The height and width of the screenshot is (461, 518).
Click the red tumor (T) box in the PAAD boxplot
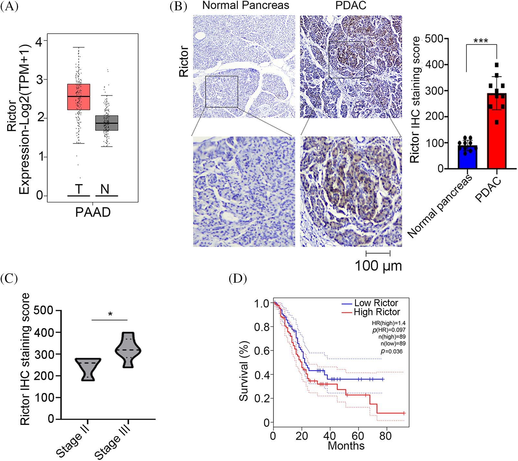78,97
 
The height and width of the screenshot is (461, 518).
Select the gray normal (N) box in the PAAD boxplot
107,123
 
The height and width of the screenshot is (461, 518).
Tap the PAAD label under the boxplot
93,212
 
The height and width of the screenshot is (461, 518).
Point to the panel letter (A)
9,6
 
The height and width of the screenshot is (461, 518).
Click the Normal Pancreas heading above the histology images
246,5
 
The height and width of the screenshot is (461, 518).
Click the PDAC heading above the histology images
350,5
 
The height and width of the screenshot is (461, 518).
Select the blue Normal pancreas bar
467,157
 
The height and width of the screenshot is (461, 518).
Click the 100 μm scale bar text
378,266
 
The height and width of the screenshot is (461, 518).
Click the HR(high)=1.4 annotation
389,323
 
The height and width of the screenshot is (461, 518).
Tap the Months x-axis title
346,446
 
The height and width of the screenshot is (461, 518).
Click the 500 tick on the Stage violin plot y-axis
44,310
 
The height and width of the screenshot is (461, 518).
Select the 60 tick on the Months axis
358,436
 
